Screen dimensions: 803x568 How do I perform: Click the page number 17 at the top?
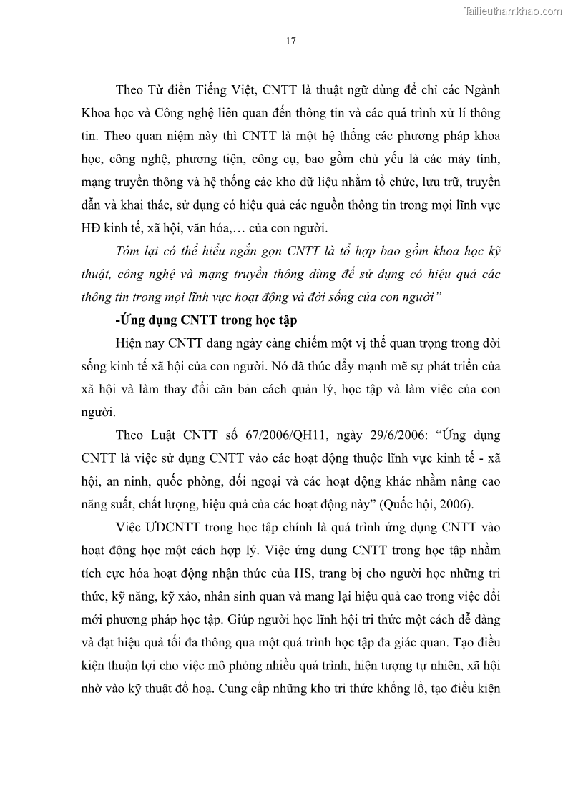tap(291, 41)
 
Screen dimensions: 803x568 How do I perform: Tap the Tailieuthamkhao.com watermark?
tap(513, 11)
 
